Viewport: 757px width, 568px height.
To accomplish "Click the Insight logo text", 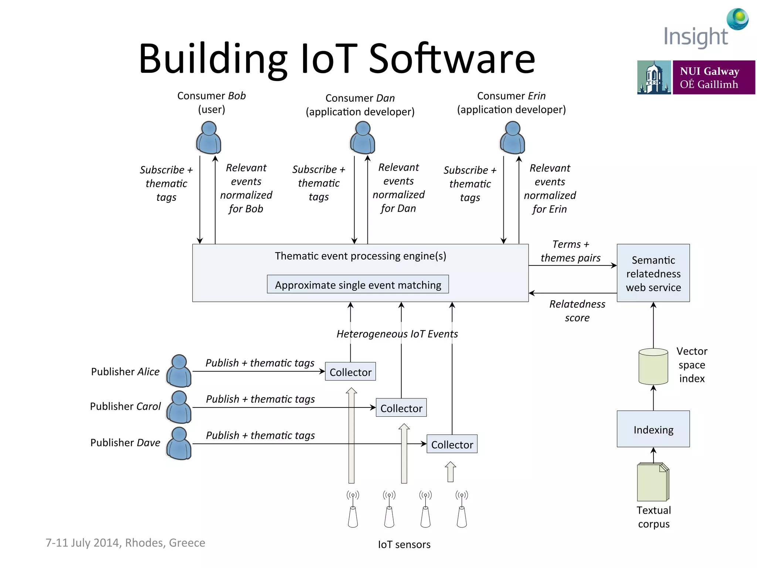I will coord(696,37).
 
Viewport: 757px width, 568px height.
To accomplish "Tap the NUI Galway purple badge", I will coord(713,77).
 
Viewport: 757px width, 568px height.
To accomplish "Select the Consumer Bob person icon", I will coord(209,138).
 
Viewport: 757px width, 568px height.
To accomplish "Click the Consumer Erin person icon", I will coord(512,138).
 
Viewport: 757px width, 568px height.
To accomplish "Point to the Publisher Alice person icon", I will coord(179,371).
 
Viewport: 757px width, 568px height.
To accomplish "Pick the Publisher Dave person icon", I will coord(179,443).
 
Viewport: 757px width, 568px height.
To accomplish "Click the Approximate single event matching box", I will coord(358,284).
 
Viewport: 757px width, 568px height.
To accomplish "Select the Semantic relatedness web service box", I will coord(653,273).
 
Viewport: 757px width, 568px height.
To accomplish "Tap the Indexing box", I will coord(653,429).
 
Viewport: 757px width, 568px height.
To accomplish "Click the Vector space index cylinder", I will coord(653,366).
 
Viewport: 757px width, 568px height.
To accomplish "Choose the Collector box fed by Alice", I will coord(350,372).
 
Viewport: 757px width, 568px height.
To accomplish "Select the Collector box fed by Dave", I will coord(452,444).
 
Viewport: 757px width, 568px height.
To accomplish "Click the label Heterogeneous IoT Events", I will coord(397,334).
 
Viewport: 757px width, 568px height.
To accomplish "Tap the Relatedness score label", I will coord(577,311).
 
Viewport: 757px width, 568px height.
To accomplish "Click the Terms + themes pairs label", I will coord(570,251).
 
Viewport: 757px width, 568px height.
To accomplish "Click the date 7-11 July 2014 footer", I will coord(125,542).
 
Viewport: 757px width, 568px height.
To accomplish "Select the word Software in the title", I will coord(452,58).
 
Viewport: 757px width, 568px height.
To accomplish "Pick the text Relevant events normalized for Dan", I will coord(398,188).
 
